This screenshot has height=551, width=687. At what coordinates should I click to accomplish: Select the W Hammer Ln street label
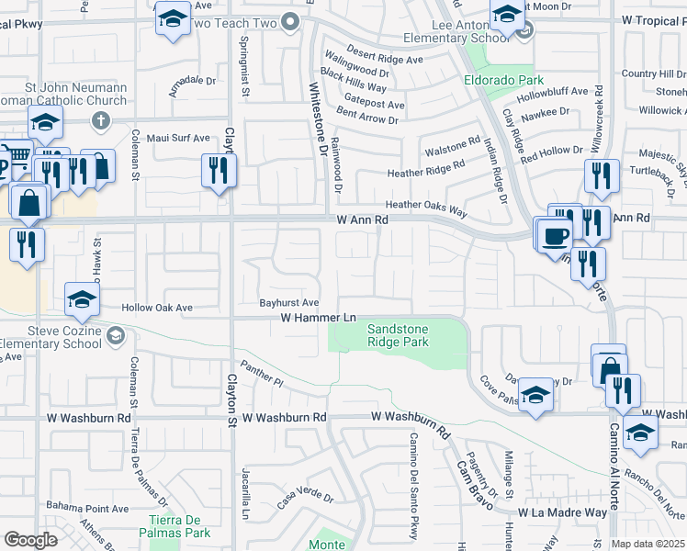(318, 318)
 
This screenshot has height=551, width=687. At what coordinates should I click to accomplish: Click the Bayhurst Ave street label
(288, 302)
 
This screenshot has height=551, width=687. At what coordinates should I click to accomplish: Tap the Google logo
(30, 540)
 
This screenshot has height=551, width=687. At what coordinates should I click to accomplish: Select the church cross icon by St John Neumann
(101, 120)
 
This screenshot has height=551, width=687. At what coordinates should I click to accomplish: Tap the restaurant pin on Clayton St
(219, 170)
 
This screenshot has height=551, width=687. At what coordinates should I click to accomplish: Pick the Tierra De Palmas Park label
(179, 526)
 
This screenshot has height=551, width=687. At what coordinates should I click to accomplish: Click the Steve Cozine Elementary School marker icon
(115, 337)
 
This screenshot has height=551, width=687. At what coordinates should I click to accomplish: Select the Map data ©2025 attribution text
(648, 544)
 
